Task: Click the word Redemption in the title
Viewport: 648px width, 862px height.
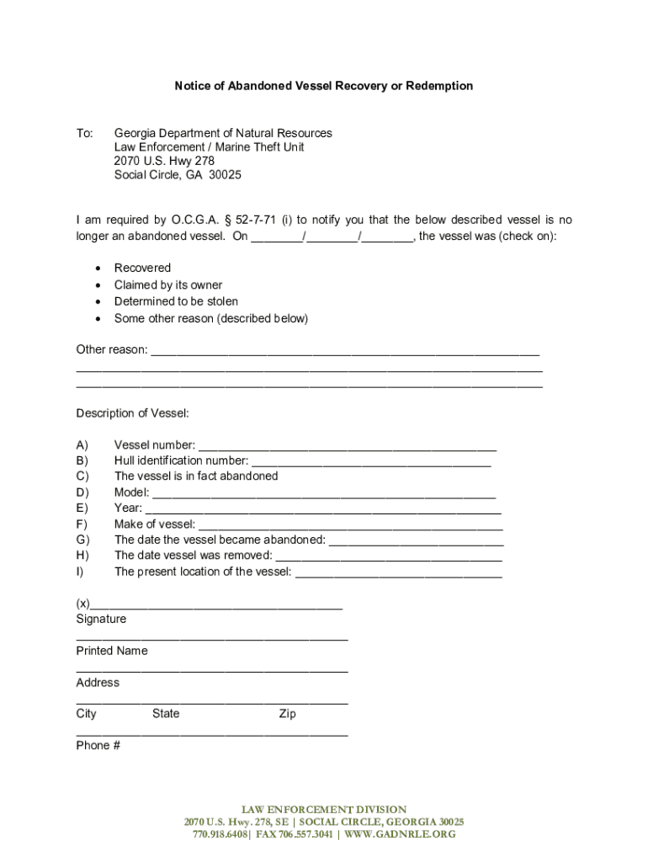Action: tap(438, 86)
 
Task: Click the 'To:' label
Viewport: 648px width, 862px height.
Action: tap(85, 133)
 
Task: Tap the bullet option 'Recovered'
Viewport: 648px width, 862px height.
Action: tap(142, 268)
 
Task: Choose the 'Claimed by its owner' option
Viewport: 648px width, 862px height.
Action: tap(168, 285)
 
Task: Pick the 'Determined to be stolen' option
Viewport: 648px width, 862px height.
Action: tap(176, 301)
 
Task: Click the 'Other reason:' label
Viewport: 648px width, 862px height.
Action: tap(111, 349)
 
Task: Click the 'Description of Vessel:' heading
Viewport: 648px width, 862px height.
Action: tap(132, 412)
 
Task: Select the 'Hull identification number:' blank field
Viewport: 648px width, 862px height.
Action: tap(371, 462)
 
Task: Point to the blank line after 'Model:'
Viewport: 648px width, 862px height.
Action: tap(324, 494)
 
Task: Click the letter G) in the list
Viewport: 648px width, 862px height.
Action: tap(82, 540)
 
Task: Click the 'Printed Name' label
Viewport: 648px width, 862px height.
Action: tap(111, 651)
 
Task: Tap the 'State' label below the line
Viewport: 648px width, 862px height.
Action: tap(166, 714)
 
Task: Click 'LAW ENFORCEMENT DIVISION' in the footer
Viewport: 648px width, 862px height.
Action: tap(324, 809)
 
